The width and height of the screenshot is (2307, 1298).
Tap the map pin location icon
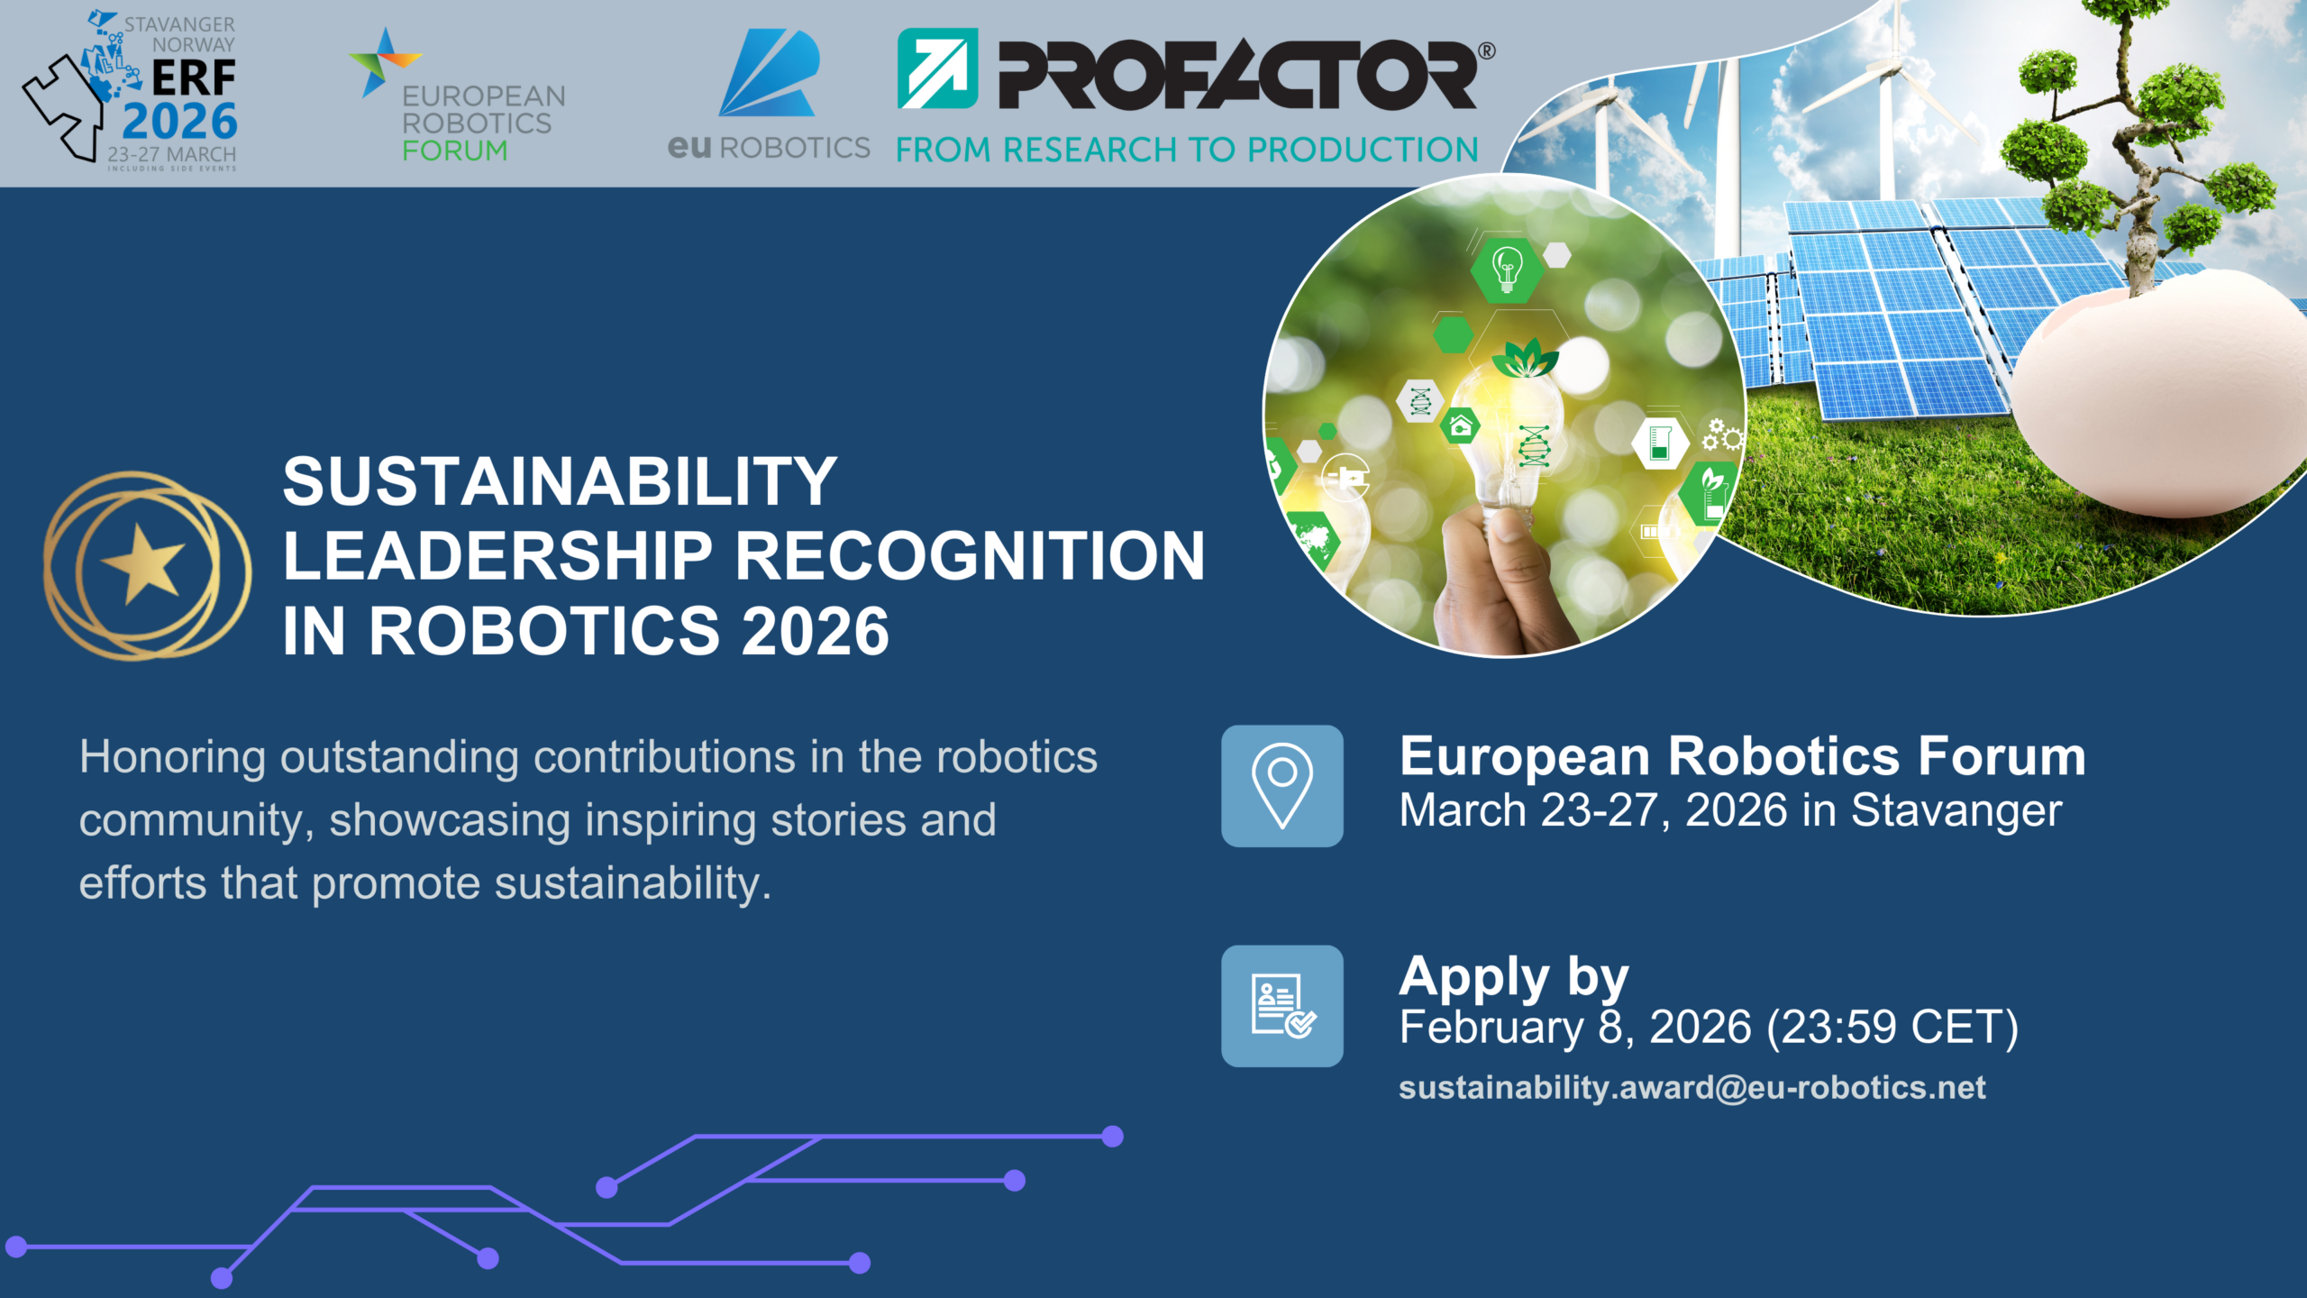1281,785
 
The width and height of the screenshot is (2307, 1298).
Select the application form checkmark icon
1281,1006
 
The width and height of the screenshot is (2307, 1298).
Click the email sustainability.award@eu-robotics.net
1691,1088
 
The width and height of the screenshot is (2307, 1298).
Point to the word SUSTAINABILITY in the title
560,481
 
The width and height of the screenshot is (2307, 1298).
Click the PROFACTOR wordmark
1236,74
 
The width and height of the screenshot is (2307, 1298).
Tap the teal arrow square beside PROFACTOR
937,69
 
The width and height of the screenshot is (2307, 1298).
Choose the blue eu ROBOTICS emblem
770,74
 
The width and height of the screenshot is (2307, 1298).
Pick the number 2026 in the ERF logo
180,122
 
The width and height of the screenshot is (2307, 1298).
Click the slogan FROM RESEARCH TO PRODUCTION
1187,150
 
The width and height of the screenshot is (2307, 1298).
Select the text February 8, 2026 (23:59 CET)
1709,1028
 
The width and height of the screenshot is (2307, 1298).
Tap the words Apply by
1514,977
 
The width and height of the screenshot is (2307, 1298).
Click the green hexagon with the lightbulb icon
1507,268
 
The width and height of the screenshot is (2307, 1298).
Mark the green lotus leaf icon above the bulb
1525,360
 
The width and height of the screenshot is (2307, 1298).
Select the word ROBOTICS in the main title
544,631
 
